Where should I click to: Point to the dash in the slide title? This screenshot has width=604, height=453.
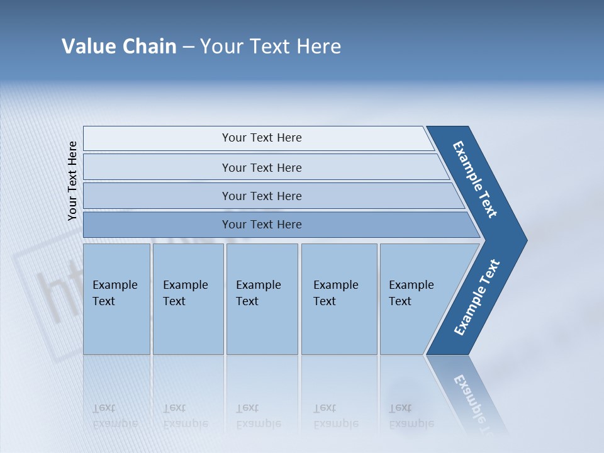(188, 47)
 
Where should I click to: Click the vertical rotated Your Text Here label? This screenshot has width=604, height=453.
(72, 181)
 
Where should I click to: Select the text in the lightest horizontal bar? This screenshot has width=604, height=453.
(262, 138)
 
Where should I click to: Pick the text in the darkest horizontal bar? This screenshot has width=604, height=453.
(262, 225)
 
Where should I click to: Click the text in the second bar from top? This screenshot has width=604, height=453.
(262, 168)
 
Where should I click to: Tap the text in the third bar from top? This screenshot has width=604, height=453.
(262, 196)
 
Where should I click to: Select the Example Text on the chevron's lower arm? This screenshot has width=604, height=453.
(477, 298)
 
